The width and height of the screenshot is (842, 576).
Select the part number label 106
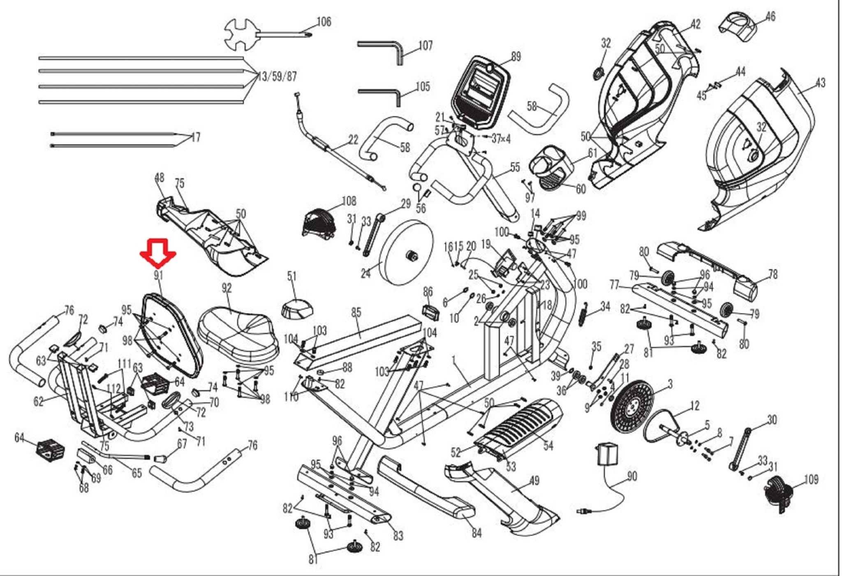pyautogui.click(x=324, y=22)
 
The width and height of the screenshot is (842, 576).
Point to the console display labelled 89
pyautogui.click(x=480, y=92)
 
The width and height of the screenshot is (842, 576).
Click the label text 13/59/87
pyautogui.click(x=278, y=77)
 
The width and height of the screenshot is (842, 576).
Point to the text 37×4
pyautogui.click(x=501, y=139)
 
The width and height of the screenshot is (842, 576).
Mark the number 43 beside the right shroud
pyautogui.click(x=820, y=83)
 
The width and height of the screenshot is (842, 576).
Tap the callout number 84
pyautogui.click(x=476, y=533)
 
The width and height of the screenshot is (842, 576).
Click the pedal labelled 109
pyautogui.click(x=777, y=493)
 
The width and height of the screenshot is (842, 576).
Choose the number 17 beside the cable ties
pyautogui.click(x=196, y=137)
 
